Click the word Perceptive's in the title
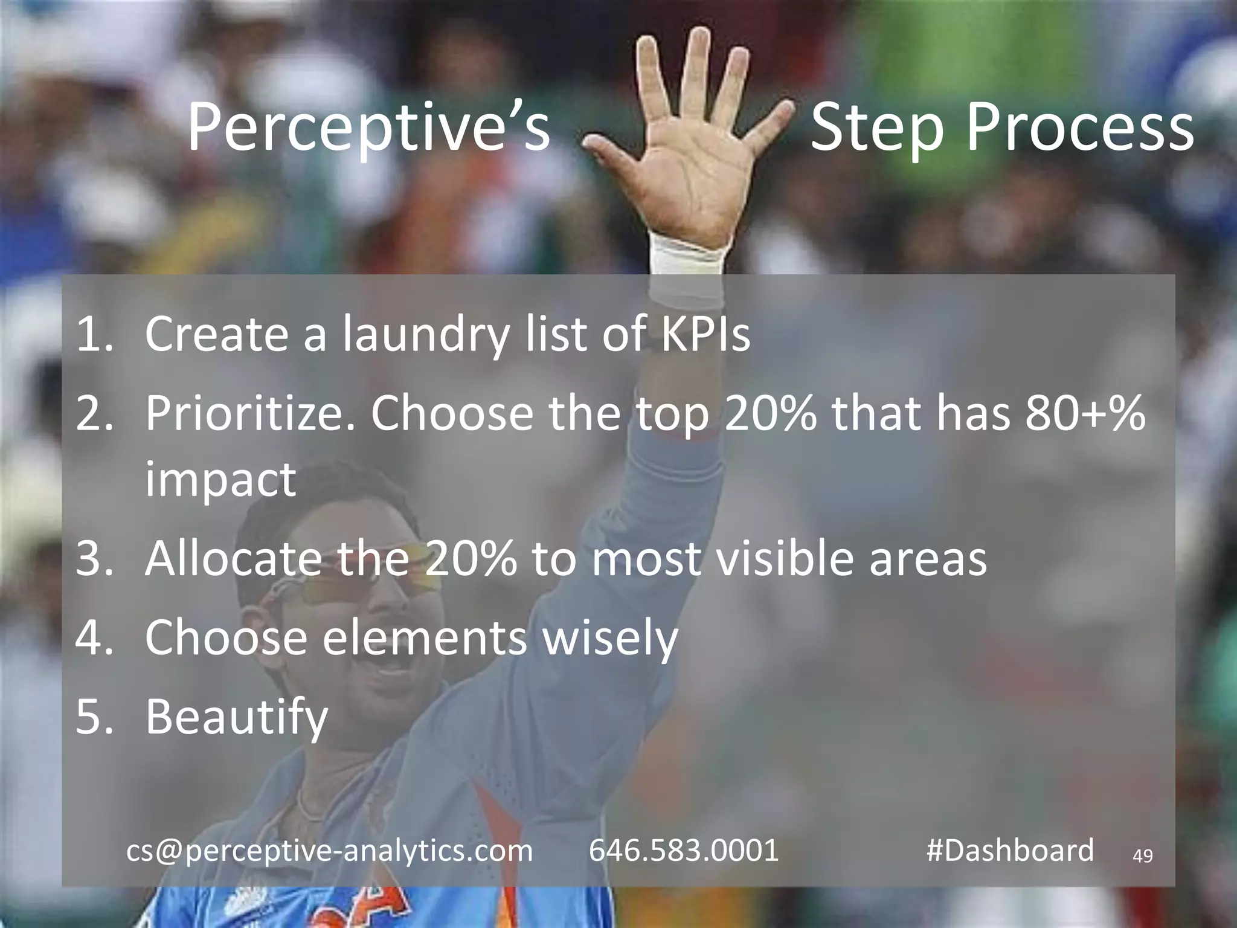pos(368,128)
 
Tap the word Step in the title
pos(876,128)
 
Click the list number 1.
pos(94,334)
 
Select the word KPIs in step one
pos(705,334)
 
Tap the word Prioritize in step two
pos(250,414)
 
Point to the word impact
pos(220,479)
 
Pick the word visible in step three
pos(785,558)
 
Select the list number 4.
pos(94,637)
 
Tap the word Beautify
pos(236,718)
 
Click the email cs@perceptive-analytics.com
pos(329,851)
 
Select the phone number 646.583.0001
pos(684,851)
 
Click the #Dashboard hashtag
pos(1010,851)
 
